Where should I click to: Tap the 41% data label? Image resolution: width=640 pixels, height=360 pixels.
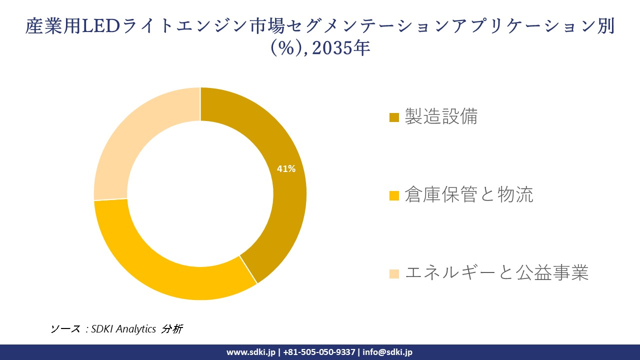(x=286, y=169)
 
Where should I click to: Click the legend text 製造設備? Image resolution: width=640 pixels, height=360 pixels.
(x=441, y=116)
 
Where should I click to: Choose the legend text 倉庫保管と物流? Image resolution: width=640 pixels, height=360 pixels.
(x=468, y=195)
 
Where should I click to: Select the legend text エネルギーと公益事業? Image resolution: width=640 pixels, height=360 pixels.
(x=496, y=273)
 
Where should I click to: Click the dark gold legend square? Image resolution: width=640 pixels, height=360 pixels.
(x=394, y=117)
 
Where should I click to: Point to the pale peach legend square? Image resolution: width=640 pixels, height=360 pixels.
(x=394, y=273)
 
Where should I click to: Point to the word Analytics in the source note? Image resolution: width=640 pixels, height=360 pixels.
(x=136, y=329)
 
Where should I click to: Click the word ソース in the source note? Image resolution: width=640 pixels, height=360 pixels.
(x=65, y=329)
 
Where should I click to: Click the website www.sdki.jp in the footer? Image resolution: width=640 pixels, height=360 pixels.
(x=251, y=352)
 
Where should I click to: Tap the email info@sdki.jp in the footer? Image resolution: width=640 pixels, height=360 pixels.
(x=387, y=352)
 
